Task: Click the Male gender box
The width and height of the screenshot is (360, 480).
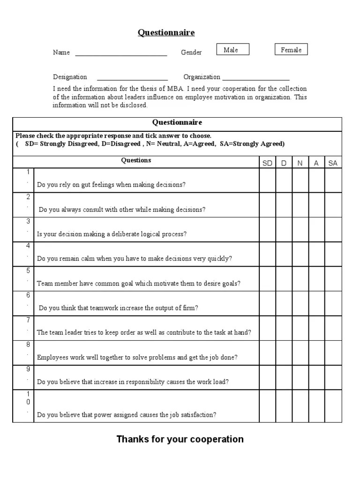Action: [x=232, y=50]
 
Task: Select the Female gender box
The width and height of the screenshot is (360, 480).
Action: [x=291, y=50]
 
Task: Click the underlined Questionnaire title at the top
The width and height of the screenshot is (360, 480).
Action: [x=166, y=32]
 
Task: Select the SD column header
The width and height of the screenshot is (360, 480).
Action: [x=268, y=163]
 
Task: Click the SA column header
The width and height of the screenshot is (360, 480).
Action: [x=333, y=163]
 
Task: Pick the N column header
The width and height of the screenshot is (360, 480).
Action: [x=300, y=163]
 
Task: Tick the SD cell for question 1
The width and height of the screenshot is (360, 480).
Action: [x=268, y=180]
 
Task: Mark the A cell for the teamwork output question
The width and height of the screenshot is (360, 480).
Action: [x=316, y=303]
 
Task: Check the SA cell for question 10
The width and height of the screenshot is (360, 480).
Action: [x=333, y=406]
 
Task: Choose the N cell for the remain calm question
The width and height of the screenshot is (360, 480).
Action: [x=300, y=254]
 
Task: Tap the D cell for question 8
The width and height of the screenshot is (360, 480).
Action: [x=284, y=352]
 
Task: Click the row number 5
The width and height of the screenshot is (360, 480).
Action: [x=28, y=270]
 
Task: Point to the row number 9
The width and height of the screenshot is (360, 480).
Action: [x=28, y=369]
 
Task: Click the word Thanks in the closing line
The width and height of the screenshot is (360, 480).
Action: [x=131, y=439]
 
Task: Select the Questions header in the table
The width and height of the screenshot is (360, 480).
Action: [x=136, y=160]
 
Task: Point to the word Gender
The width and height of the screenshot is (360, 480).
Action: [x=191, y=52]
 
